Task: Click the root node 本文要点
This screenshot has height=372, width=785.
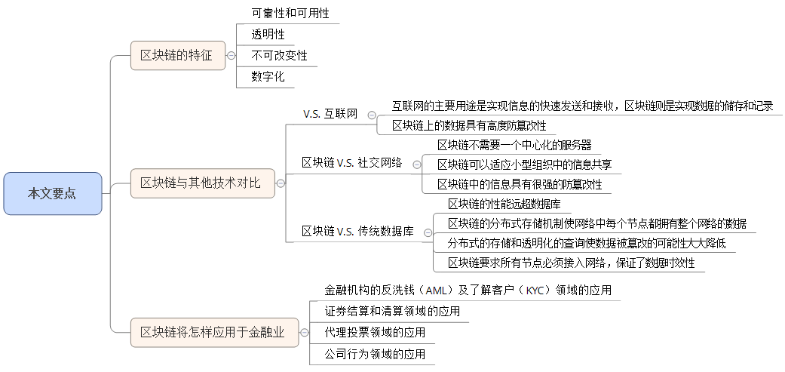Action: click(52, 193)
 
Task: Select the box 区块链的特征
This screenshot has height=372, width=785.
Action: click(177, 55)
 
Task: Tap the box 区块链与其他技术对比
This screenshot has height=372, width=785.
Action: click(201, 183)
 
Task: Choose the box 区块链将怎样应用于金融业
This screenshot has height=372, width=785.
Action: click(213, 332)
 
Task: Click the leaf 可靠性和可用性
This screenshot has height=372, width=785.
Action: click(290, 14)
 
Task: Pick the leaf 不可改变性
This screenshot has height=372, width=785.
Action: click(279, 56)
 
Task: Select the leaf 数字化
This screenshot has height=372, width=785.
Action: click(268, 76)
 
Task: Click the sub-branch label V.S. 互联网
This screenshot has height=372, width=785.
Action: click(330, 114)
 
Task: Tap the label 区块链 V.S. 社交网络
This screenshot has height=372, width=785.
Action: click(351, 162)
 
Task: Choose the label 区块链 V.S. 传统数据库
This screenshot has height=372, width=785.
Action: click(357, 231)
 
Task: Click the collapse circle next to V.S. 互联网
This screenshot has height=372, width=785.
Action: click(372, 115)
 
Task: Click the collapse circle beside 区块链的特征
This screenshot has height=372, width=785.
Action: click(231, 55)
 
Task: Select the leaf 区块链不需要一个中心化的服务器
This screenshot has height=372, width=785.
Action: click(514, 144)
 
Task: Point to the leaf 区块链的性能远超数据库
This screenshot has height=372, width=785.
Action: click(504, 204)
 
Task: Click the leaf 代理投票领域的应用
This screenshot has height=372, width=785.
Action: click(375, 332)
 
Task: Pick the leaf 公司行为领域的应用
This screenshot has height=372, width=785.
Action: click(375, 353)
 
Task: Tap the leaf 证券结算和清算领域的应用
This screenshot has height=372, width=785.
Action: click(392, 311)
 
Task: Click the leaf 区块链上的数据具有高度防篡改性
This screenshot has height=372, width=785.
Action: click(469, 125)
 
